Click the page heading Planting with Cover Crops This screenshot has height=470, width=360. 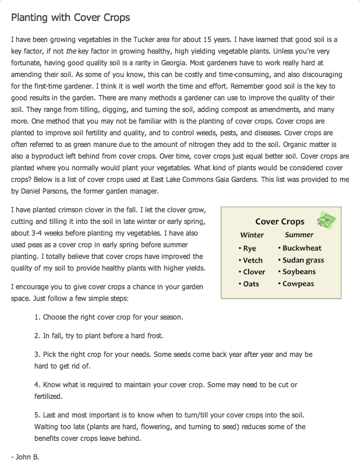(70, 17)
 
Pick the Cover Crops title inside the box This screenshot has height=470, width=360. (280, 222)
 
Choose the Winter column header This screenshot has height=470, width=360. (252, 235)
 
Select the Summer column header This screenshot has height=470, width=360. (299, 235)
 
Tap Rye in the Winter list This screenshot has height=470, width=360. (249, 248)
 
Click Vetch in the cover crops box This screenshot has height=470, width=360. (253, 260)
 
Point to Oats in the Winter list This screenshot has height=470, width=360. (251, 284)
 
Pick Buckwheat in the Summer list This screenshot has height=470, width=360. (302, 248)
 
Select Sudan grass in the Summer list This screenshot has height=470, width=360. (303, 260)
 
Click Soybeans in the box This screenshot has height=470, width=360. (299, 272)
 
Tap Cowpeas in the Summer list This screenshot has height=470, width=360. (298, 284)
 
